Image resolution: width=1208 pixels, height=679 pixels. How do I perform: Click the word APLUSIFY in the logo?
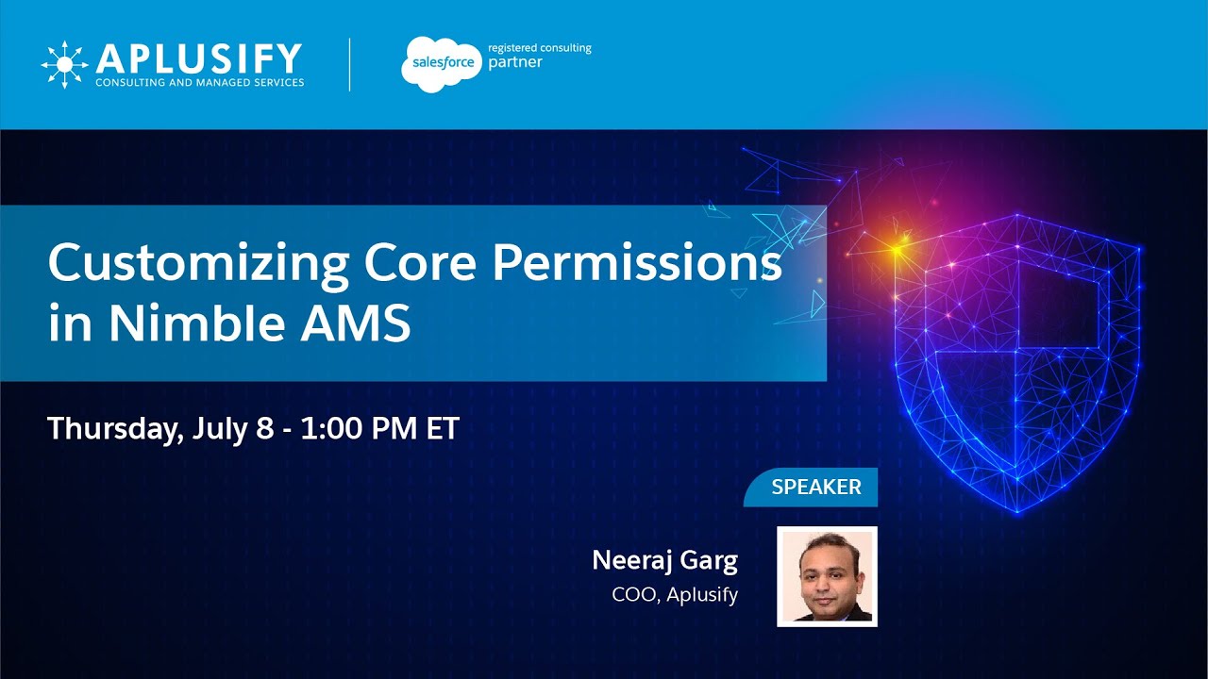click(x=198, y=58)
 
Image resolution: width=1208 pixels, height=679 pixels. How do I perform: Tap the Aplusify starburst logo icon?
click(x=64, y=65)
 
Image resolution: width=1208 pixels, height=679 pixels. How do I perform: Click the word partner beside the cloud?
click(x=515, y=63)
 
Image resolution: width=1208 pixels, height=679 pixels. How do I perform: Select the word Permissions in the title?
click(x=637, y=264)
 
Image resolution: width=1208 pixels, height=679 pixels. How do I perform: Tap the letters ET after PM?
click(x=442, y=429)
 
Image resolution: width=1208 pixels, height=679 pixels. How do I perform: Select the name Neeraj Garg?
click(x=664, y=560)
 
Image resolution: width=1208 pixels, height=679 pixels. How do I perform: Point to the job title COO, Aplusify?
click(x=675, y=595)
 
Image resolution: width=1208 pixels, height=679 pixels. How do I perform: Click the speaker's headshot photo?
click(x=827, y=576)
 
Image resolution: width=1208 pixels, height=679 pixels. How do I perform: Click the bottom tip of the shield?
click(x=1017, y=511)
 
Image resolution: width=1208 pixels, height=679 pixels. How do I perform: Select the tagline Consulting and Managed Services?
click(x=199, y=83)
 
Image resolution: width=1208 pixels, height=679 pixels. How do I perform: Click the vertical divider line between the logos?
click(x=350, y=64)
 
